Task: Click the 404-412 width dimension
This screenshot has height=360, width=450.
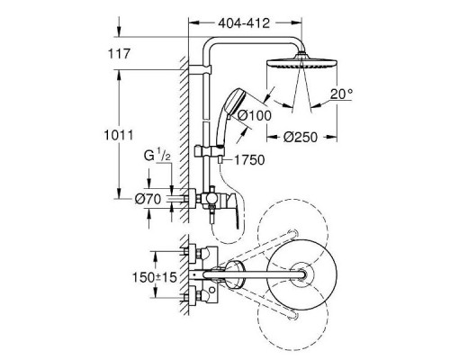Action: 244,23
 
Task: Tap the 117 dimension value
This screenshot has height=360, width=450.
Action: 119,54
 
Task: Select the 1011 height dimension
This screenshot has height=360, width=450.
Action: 119,135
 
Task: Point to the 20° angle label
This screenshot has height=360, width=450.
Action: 341,94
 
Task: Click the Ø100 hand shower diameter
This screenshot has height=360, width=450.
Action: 255,115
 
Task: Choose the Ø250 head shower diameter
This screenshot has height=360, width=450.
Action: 300,138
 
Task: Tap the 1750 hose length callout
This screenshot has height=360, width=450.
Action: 249,160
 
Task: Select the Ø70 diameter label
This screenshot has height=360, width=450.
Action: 148,199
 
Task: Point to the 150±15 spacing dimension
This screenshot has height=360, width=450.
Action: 155,277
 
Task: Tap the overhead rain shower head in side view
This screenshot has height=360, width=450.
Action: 301,61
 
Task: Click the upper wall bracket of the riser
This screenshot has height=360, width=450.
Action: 200,69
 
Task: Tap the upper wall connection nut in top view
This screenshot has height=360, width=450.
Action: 193,251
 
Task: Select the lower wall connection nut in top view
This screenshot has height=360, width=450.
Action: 193,298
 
